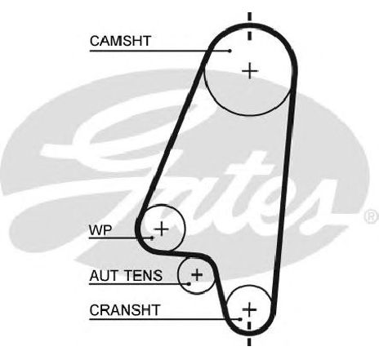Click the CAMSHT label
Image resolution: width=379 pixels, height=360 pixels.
pyautogui.click(x=120, y=41)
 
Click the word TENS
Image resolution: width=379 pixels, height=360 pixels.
pyautogui.click(x=143, y=276)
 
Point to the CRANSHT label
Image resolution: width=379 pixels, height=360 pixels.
pyautogui.click(x=125, y=310)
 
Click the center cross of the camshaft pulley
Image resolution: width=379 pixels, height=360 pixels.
pyautogui.click(x=250, y=71)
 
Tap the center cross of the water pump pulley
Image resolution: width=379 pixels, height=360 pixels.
pyautogui.click(x=162, y=229)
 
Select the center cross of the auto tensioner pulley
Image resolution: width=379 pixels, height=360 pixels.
pyautogui.click(x=197, y=274)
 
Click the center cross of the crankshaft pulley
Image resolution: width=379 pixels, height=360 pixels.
pyautogui.click(x=249, y=309)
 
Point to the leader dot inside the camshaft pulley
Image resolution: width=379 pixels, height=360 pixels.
pyautogui.click(x=230, y=51)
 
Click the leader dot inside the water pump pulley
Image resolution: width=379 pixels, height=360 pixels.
pyautogui.click(x=152, y=238)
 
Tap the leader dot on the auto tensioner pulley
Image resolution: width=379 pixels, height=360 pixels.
pyautogui.click(x=189, y=284)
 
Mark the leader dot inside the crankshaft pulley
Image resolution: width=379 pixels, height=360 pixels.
pyautogui.click(x=240, y=319)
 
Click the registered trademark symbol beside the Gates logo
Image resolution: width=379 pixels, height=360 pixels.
pyautogui.click(x=372, y=216)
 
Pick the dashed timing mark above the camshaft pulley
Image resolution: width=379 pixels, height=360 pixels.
pyautogui.click(x=249, y=26)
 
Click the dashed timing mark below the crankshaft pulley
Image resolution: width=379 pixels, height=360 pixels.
pyautogui.click(x=249, y=333)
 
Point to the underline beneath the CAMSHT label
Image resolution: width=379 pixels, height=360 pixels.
pyautogui.click(x=160, y=51)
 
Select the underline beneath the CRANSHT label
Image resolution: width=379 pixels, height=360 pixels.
pyautogui.click(x=165, y=319)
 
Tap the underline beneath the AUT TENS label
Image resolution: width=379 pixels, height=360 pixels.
pyautogui.click(x=139, y=284)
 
